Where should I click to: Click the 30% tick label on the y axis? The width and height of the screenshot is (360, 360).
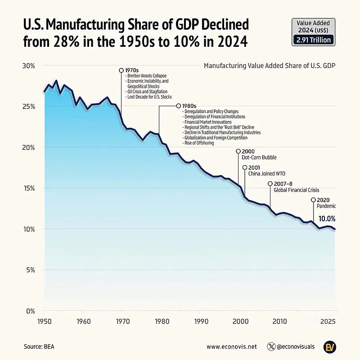click(29, 66)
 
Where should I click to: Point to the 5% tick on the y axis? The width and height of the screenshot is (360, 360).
click(30, 270)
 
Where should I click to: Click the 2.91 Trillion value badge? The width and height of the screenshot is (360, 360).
click(313, 40)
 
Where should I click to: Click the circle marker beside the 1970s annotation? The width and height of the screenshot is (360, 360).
click(121, 70)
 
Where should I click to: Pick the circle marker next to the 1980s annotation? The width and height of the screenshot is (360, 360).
click(179, 106)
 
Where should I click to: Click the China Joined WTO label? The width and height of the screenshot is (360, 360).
click(267, 174)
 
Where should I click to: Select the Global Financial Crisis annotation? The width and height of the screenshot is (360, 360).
click(297, 190)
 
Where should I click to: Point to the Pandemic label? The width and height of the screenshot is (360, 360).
click(326, 206)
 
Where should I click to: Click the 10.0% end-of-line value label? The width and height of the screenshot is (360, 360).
click(327, 219)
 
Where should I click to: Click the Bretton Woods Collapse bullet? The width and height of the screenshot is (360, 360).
click(147, 76)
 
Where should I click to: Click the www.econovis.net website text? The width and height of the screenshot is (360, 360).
click(232, 346)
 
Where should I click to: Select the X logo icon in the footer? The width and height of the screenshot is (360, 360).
click(271, 346)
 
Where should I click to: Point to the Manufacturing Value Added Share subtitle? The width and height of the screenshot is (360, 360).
click(270, 66)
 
